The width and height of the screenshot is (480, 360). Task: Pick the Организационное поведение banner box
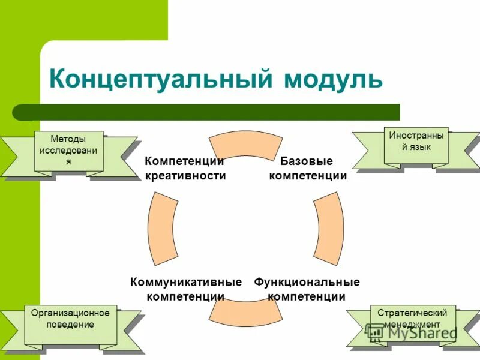tap(70, 324)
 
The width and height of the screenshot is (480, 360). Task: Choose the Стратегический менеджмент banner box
tap(413, 324)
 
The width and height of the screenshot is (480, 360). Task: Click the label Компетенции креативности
tap(185, 168)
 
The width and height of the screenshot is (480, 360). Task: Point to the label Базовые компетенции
tap(307, 168)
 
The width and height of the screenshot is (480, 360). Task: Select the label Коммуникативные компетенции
tap(185, 289)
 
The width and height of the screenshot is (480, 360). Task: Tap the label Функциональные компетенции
tap(307, 289)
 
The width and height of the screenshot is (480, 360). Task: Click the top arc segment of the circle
tap(245, 146)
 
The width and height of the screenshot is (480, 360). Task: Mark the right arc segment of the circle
tap(329, 229)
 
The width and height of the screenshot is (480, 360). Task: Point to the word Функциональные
tap(307, 282)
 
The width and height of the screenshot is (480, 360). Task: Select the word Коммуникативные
tap(185, 282)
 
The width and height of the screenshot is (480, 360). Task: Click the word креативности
tap(185, 175)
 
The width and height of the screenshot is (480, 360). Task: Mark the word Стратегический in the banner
tap(413, 313)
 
